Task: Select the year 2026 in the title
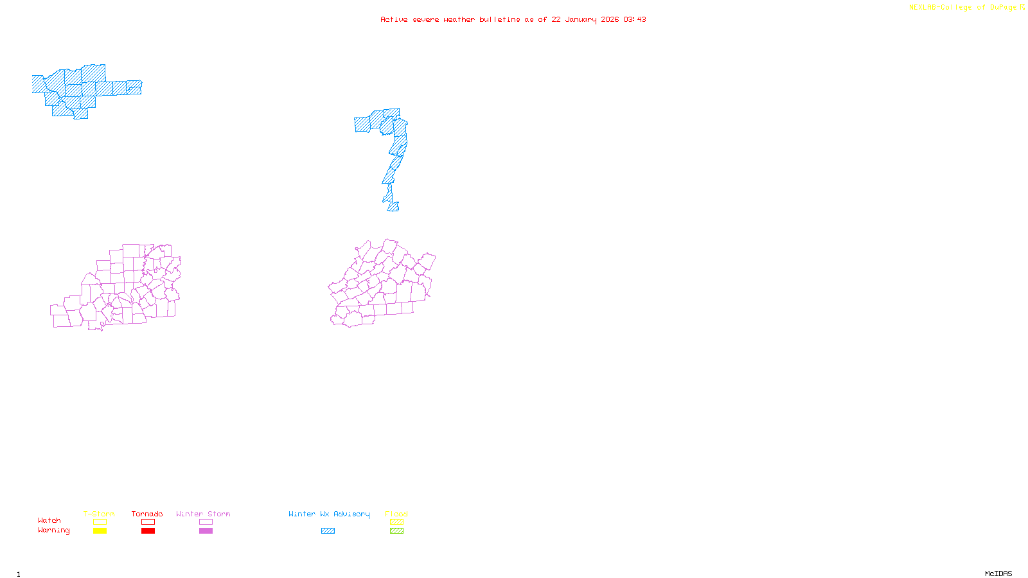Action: click(x=610, y=19)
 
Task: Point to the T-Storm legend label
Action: click(x=99, y=514)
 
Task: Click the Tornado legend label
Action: click(x=147, y=514)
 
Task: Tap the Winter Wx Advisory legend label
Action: click(x=329, y=514)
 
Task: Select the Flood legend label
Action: click(x=396, y=514)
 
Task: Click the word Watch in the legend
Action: click(x=49, y=520)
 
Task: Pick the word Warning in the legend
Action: click(x=53, y=530)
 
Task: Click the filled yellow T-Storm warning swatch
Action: click(x=100, y=531)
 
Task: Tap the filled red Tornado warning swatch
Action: click(x=148, y=531)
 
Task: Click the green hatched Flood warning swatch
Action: click(x=396, y=531)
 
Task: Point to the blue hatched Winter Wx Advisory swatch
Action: click(x=328, y=531)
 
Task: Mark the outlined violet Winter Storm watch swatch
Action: click(x=206, y=522)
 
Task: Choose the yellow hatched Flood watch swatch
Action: click(x=396, y=522)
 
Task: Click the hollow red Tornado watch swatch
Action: click(x=148, y=522)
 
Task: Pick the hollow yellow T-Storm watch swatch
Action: click(x=100, y=522)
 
